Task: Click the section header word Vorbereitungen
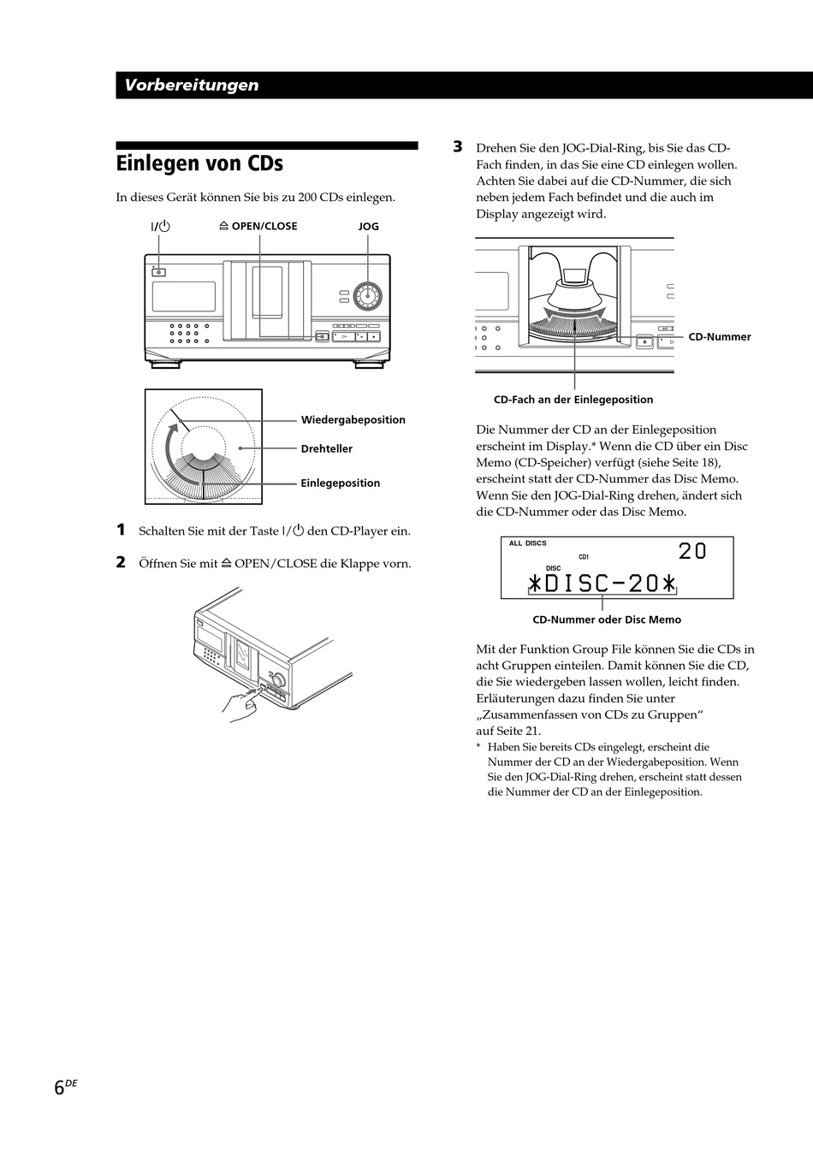(x=191, y=85)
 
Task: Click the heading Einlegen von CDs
(x=199, y=163)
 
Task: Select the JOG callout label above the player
(x=368, y=227)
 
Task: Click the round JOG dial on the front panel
(x=368, y=296)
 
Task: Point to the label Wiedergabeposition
(x=353, y=420)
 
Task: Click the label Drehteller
(x=326, y=449)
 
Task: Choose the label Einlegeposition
(x=340, y=483)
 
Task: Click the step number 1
(x=122, y=531)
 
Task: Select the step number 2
(x=122, y=563)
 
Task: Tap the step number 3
(x=458, y=147)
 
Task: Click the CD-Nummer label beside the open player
(x=719, y=337)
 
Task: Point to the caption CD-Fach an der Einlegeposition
(x=573, y=400)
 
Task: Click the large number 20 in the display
(x=692, y=552)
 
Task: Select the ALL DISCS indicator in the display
(x=527, y=543)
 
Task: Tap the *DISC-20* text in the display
(x=602, y=584)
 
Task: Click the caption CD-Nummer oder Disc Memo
(x=607, y=619)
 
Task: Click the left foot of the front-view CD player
(x=164, y=364)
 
